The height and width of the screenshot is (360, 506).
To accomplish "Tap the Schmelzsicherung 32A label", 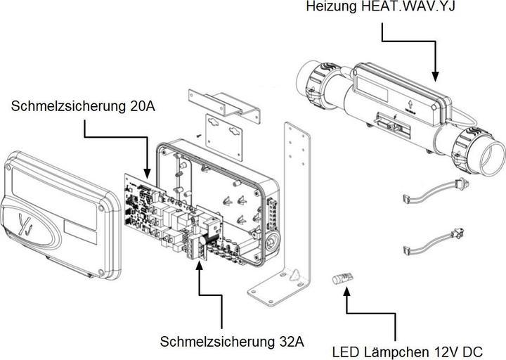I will (232, 342).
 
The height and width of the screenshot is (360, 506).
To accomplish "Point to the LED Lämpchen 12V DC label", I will (408, 349).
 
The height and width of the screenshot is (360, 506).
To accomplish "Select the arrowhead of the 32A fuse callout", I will (200, 266).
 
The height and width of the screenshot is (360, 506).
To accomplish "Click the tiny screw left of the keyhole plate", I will (199, 136).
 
